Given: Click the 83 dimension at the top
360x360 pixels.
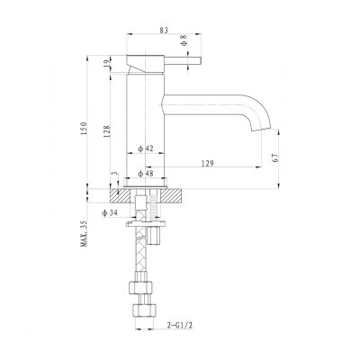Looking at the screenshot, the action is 164,30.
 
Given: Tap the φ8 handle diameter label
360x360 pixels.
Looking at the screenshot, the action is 184,40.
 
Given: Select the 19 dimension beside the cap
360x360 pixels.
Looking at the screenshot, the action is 107,64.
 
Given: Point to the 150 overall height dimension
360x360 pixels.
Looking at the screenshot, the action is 84,129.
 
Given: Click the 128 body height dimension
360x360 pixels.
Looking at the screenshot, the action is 107,131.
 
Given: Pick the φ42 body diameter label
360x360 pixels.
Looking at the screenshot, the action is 146,148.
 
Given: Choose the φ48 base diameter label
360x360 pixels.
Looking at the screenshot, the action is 146,174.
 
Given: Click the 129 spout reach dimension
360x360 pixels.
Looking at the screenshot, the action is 208,163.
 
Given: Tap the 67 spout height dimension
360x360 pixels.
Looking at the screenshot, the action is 276,157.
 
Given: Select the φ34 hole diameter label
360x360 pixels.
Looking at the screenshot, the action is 110,213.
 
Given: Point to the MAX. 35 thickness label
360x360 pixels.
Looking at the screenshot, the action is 84,234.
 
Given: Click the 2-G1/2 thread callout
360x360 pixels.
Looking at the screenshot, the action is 179,325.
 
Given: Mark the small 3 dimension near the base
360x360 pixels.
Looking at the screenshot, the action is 113,174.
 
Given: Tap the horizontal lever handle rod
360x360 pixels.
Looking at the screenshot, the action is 183,60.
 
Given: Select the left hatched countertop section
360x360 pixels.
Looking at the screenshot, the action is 120,196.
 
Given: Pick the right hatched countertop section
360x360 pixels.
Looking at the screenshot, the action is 171,196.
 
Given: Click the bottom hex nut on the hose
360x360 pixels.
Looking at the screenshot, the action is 145,310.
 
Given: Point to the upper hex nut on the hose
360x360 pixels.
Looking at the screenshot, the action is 141,287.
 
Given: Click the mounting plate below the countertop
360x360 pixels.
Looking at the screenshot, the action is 146,223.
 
